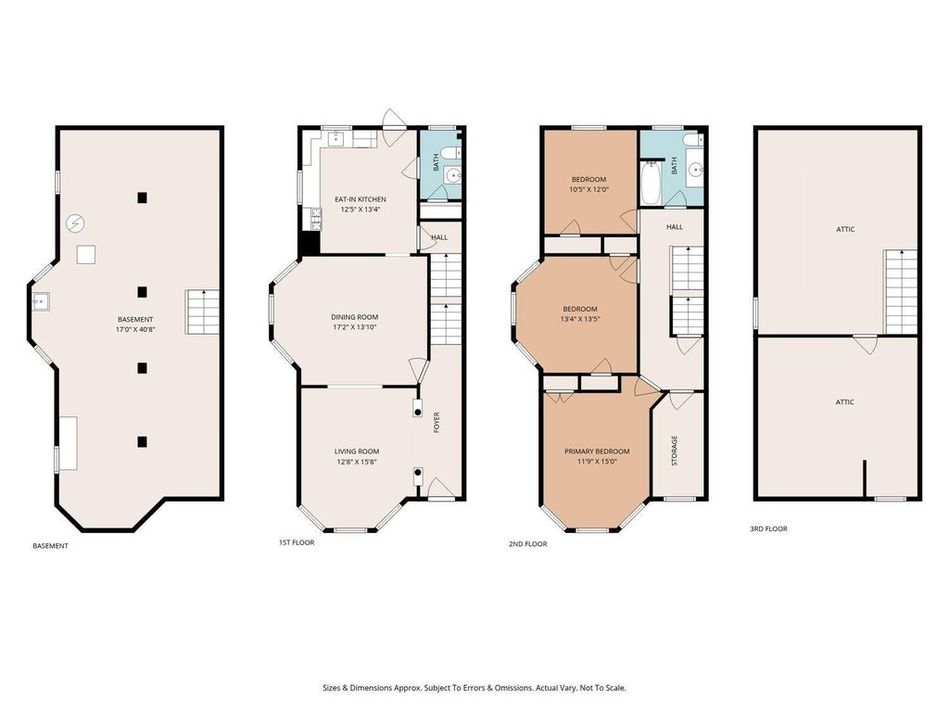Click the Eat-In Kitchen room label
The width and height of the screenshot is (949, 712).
click(x=361, y=199)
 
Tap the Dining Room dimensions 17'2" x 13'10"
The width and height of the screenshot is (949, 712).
click(x=355, y=327)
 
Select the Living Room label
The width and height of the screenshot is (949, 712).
click(x=357, y=451)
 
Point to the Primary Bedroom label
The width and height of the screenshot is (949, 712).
click(x=597, y=451)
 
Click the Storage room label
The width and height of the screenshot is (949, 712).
click(x=675, y=451)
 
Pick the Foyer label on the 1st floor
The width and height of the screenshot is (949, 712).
click(x=437, y=423)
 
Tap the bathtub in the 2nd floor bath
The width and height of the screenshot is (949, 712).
click(x=651, y=183)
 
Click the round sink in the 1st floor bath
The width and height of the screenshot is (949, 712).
click(x=452, y=175)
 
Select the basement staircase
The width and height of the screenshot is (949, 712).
click(x=202, y=311)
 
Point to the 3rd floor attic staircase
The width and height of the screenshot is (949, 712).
click(x=901, y=292)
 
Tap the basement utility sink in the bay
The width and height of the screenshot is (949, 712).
click(x=41, y=300)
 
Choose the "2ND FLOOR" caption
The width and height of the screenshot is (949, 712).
click(x=527, y=544)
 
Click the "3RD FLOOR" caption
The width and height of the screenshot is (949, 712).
click(x=768, y=528)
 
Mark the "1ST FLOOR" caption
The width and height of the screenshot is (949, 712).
click(x=297, y=542)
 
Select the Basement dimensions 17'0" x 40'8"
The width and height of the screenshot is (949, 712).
click(x=135, y=330)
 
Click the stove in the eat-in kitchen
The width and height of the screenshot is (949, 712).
click(x=315, y=219)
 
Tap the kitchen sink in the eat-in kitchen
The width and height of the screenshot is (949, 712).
click(x=336, y=139)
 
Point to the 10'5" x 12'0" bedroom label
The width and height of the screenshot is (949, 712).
click(x=588, y=189)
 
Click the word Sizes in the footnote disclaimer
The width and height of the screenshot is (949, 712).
click(x=331, y=688)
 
